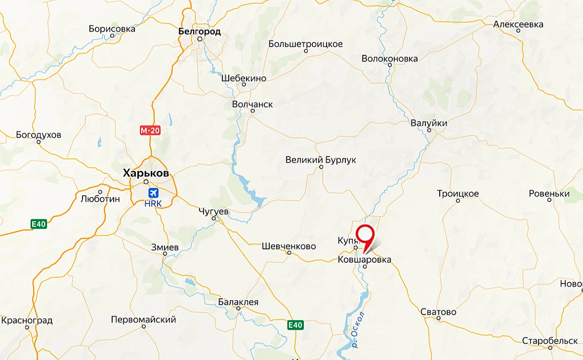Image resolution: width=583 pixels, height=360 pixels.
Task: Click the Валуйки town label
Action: coord(429,123)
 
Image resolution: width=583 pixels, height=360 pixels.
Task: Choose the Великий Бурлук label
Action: coord(321,160)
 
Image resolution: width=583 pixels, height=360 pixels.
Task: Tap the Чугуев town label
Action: coord(213,211)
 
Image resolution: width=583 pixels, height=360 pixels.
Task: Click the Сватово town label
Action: coord(438,312)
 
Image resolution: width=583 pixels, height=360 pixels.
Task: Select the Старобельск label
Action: coord(550,341)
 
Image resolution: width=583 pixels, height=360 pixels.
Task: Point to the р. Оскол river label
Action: coord(358,330)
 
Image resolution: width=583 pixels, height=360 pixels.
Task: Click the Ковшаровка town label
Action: coord(365,259)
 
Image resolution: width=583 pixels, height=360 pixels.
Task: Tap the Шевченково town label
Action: coord(289,246)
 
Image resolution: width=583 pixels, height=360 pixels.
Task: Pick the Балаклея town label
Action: coord(238,302)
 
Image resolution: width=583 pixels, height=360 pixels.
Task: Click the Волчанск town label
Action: coord(252,104)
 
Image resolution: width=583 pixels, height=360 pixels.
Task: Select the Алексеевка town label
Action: coord(518,24)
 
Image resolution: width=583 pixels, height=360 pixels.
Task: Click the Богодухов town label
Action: coord(39,134)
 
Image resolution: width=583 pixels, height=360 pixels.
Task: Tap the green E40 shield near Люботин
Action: coord(39,224)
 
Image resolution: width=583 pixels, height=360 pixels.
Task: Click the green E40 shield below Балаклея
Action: coord(295,325)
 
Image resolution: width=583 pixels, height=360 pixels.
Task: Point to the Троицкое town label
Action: coord(458,194)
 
